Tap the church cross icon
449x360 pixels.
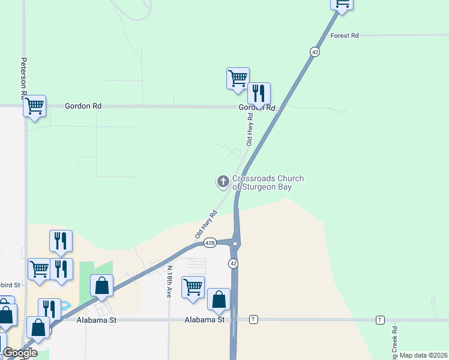pos(223,181)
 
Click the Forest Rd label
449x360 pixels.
pos(345,36)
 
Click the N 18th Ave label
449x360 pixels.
pos(170,282)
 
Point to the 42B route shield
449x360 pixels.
pos(209,243)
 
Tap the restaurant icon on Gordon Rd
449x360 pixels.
pos(259,94)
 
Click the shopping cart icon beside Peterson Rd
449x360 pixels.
pos(35,106)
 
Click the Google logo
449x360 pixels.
pos(20,353)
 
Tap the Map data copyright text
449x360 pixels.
pos(424,355)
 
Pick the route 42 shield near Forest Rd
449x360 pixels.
pos(315,52)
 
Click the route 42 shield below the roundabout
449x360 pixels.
pos(233,263)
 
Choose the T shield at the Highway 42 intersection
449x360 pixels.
pos(254,319)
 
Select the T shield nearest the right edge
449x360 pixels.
pos(380,319)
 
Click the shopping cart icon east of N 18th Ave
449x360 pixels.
pos(193,287)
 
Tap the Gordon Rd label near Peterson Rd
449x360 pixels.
pos(83,106)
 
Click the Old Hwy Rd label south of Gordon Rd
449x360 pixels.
pos(250,131)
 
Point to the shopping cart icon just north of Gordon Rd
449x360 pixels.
pos(238,78)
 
